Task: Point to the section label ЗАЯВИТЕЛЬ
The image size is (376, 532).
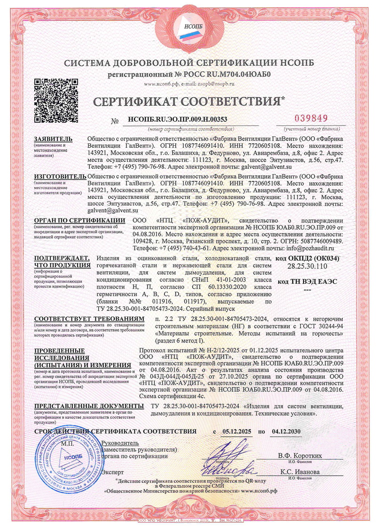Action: tap(53, 139)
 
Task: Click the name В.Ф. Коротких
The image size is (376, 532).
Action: tap(300, 455)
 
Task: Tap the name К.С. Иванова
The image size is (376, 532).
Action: tap(300, 471)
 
